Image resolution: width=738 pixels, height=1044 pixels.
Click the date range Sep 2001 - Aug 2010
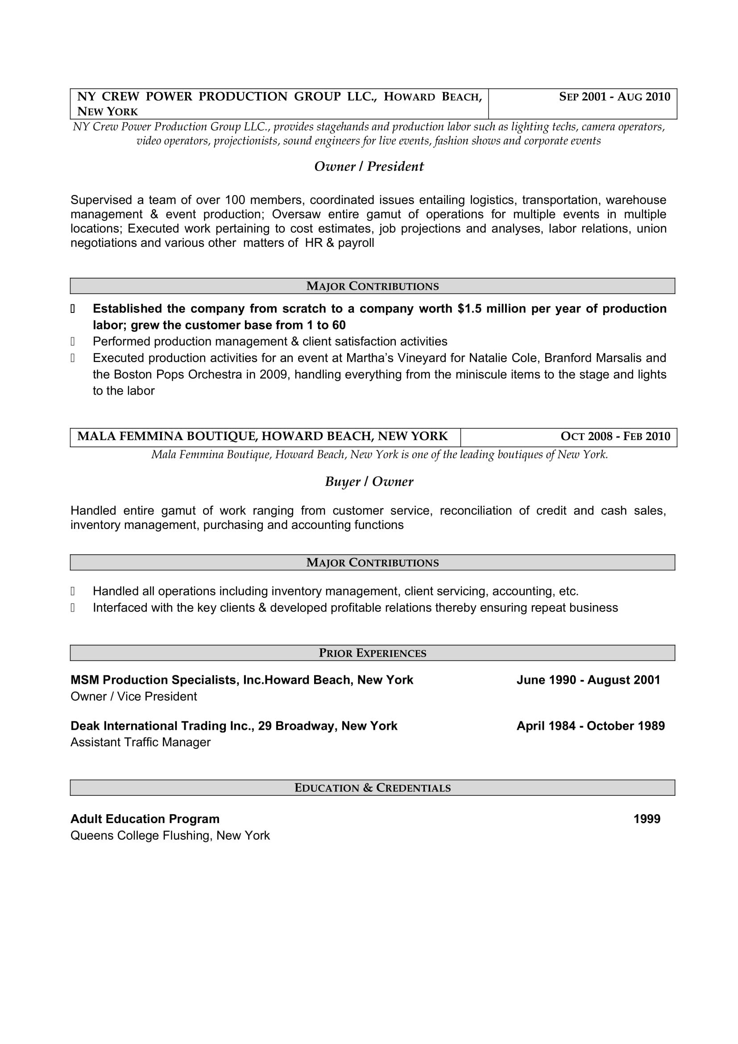click(614, 97)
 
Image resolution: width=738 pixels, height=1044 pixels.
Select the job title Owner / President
click(369, 166)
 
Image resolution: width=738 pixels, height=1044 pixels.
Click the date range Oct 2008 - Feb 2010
click(615, 437)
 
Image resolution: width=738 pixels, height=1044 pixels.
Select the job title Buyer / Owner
click(369, 482)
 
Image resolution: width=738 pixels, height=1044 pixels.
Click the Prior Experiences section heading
click(372, 653)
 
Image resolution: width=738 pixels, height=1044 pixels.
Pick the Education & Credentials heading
click(372, 787)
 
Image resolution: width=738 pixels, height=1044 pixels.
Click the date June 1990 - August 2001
click(588, 680)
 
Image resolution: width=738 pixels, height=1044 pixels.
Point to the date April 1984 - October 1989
click(590, 726)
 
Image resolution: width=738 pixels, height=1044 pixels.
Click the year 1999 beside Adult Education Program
click(647, 819)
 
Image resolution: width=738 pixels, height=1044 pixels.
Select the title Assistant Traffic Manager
click(141, 742)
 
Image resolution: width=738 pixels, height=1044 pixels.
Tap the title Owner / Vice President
click(133, 696)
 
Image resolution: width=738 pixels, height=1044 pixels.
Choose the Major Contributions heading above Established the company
click(372, 286)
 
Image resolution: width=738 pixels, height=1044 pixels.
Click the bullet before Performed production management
click(73, 341)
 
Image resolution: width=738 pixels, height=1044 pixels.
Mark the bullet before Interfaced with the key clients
click(73, 608)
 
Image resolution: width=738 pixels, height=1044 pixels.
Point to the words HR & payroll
click(339, 243)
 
